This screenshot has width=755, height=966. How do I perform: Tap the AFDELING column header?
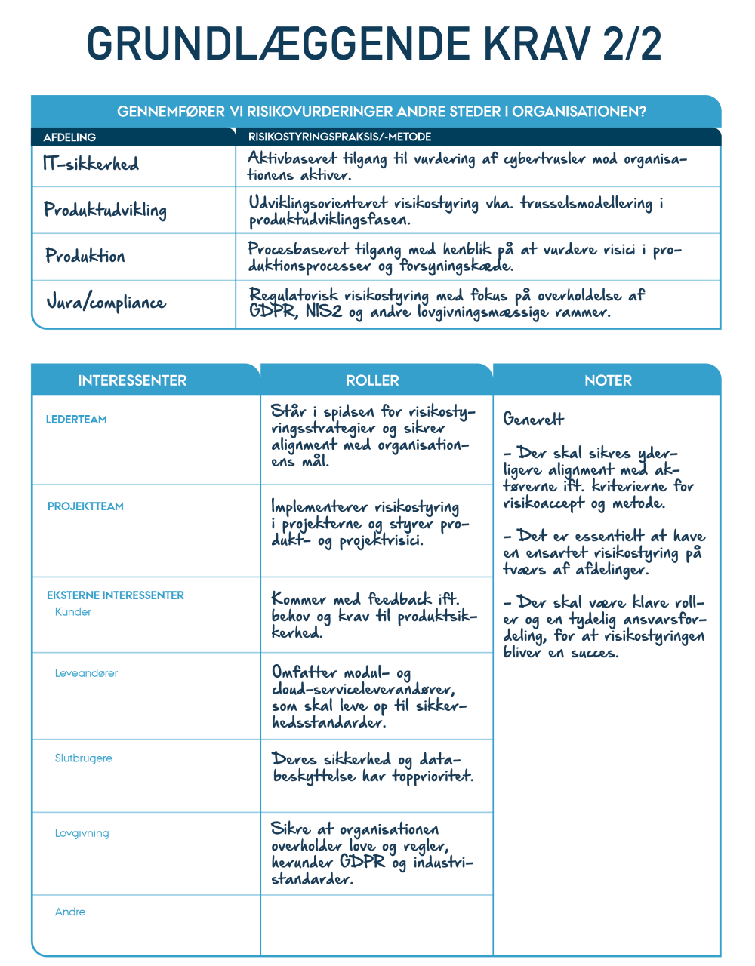click(69, 137)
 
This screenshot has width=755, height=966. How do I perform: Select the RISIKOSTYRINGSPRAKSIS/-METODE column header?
click(340, 137)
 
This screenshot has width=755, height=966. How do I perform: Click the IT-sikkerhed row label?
click(91, 164)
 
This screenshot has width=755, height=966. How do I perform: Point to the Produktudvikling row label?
click(105, 210)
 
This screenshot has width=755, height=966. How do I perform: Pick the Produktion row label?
click(85, 256)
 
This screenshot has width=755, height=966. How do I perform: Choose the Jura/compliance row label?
click(106, 303)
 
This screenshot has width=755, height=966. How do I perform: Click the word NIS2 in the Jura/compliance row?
click(324, 312)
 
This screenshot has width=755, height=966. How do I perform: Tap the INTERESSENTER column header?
click(132, 380)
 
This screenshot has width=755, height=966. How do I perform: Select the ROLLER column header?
click(372, 380)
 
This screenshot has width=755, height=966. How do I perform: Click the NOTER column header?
click(608, 380)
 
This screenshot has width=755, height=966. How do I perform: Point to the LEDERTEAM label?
click(76, 420)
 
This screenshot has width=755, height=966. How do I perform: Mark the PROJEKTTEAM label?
click(85, 506)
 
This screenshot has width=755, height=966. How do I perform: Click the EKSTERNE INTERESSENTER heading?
click(116, 595)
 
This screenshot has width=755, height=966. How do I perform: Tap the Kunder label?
click(73, 612)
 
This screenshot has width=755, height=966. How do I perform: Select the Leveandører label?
click(86, 673)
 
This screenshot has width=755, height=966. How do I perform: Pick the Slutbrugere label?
click(83, 758)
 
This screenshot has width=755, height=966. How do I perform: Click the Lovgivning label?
click(82, 833)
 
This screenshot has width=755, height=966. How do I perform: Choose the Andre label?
click(70, 912)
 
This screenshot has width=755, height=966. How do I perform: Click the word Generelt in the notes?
click(534, 420)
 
